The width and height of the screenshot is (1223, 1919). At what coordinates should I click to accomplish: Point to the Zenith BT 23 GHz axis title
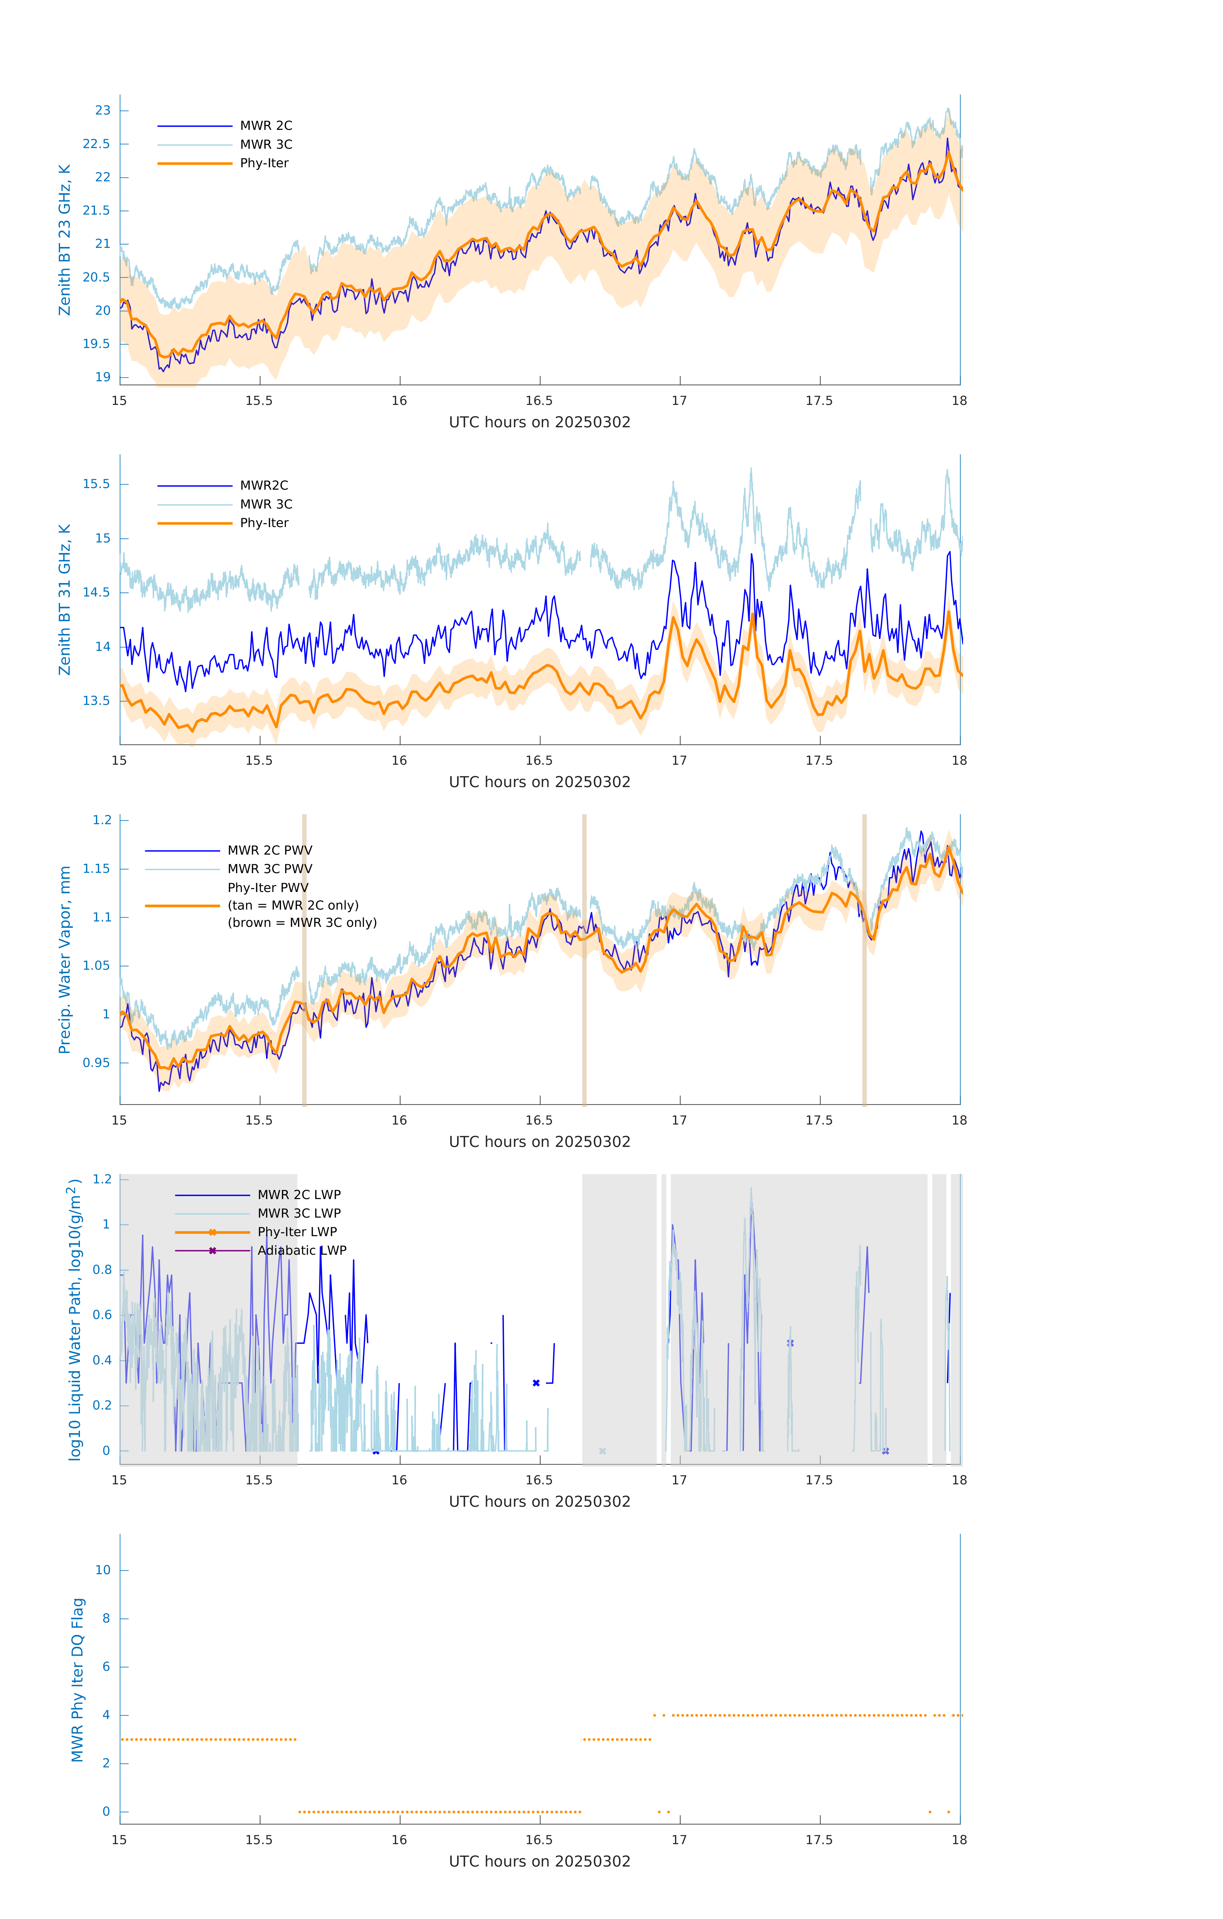(x=65, y=240)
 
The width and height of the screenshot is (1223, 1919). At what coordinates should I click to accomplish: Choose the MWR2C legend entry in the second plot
(x=264, y=485)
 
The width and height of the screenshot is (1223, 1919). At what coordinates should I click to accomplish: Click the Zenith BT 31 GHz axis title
(x=65, y=599)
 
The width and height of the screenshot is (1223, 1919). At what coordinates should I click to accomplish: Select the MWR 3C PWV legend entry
(x=269, y=869)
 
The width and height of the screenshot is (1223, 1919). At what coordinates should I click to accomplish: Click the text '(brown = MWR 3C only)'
(x=302, y=923)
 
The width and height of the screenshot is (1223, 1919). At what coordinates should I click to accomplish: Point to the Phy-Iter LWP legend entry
(x=296, y=1232)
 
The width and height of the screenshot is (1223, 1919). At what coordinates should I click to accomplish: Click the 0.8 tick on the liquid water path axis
(x=102, y=1269)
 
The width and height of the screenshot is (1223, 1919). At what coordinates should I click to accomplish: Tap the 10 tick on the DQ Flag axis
(x=103, y=1570)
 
